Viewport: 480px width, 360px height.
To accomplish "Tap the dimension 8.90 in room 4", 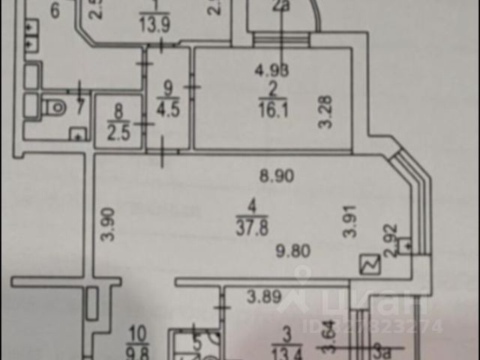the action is point(276,178).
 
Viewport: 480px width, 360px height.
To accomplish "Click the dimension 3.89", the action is point(265,297).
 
